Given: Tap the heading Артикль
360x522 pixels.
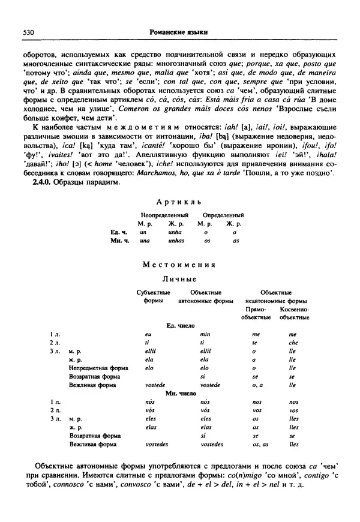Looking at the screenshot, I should [x=179, y=202].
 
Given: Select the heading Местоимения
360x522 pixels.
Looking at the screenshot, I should [x=179, y=265].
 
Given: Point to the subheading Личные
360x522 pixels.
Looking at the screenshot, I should [x=179, y=279].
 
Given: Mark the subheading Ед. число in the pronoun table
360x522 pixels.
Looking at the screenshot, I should [x=179, y=325].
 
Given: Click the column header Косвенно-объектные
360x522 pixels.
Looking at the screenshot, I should [x=294, y=312].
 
